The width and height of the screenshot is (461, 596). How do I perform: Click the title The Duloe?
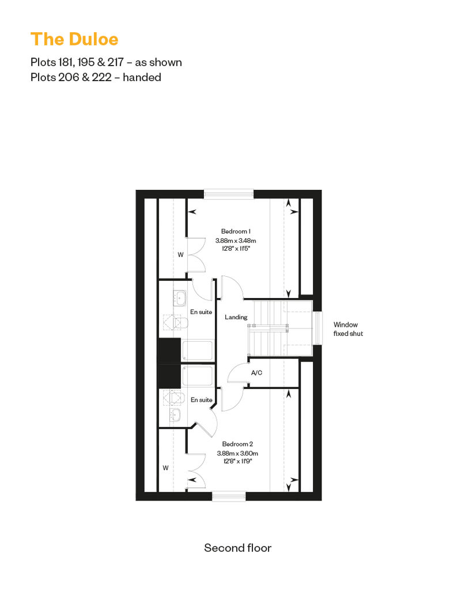(x=74, y=39)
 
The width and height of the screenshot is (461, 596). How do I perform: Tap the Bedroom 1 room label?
(x=236, y=231)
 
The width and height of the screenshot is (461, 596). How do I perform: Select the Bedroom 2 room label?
(x=237, y=444)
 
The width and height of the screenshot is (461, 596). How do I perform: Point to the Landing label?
(x=236, y=317)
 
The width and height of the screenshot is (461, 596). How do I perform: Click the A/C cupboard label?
(x=256, y=373)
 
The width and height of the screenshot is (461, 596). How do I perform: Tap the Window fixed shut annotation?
(x=348, y=329)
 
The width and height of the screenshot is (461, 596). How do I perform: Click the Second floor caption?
(x=237, y=548)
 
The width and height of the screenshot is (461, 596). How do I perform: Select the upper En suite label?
(x=201, y=312)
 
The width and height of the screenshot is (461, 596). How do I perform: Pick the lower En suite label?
(x=201, y=400)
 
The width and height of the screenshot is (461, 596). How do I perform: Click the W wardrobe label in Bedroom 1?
(x=181, y=255)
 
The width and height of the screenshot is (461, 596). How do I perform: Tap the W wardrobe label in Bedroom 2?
(x=165, y=468)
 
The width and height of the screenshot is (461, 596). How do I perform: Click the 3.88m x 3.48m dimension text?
(x=236, y=240)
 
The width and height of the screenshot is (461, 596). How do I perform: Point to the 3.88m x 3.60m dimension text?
(x=237, y=453)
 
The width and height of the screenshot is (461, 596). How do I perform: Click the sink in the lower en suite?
(x=177, y=415)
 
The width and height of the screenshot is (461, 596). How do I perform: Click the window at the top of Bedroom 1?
(x=229, y=194)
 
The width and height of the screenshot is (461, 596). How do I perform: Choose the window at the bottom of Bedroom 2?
(x=229, y=496)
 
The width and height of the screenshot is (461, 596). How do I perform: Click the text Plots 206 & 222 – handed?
(x=96, y=77)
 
